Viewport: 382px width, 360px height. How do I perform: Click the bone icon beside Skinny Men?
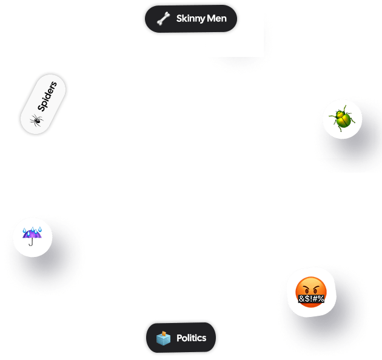[x=163, y=19]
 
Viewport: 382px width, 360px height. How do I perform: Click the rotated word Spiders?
[x=47, y=96]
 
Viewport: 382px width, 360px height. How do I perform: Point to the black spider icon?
[x=36, y=120]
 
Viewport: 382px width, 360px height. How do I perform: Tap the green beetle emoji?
[x=342, y=119]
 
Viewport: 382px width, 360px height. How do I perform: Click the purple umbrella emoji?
[x=32, y=236]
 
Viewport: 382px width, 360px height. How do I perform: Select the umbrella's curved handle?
[x=31, y=242]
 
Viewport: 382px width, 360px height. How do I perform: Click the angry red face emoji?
[x=311, y=292]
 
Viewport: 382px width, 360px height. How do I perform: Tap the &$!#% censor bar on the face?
[x=311, y=298]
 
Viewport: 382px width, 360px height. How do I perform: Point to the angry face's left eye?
[x=306, y=290]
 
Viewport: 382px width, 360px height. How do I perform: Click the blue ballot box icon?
[x=163, y=338]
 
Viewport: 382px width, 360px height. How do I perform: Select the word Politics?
[x=191, y=338]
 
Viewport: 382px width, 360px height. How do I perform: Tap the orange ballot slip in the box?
[x=164, y=333]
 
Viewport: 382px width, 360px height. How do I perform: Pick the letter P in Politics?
[x=179, y=338]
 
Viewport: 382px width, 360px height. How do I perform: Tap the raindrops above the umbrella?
[x=32, y=230]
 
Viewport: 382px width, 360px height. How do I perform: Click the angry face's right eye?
[x=316, y=290]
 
